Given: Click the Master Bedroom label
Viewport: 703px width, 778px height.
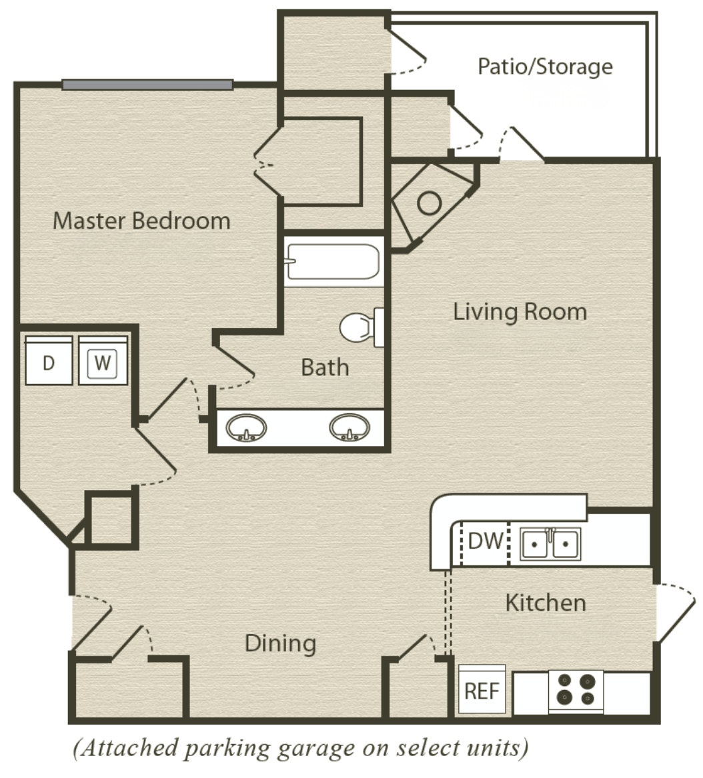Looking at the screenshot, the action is (141, 221).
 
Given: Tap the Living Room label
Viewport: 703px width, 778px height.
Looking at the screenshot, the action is (520, 312).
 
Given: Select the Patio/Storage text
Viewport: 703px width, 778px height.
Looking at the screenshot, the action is (545, 67).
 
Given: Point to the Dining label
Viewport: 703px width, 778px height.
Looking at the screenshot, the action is (281, 643).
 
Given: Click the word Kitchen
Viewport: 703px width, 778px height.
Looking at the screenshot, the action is (546, 603).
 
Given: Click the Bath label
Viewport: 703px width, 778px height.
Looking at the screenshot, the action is (325, 367).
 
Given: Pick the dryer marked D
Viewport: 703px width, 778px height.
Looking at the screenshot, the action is (49, 361).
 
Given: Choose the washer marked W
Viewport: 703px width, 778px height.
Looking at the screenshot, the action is (103, 361).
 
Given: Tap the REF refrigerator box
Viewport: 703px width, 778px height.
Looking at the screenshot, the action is (482, 690).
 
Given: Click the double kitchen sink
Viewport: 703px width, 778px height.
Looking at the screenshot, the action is (550, 544).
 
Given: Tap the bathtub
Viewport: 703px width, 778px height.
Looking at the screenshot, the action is (333, 261).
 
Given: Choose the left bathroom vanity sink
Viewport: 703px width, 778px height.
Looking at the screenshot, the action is (246, 428).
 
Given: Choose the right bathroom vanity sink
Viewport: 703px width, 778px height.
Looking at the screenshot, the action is (349, 427).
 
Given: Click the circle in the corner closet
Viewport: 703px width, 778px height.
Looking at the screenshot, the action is (430, 203).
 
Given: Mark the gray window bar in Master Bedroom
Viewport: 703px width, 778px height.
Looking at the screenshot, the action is (147, 85).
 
